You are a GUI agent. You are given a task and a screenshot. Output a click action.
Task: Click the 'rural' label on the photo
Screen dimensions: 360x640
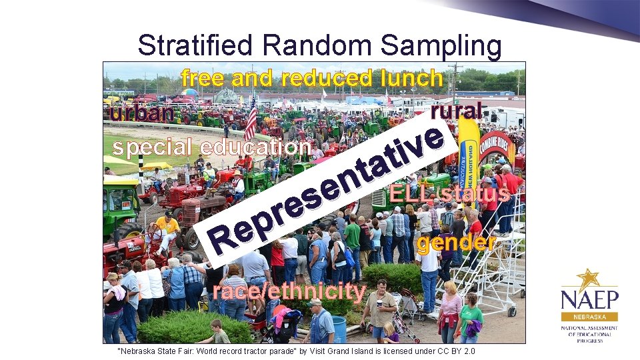[457, 110]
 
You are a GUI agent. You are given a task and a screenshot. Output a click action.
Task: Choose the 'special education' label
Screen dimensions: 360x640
[212, 147]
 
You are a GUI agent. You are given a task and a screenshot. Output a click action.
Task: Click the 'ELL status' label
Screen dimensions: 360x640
[450, 193]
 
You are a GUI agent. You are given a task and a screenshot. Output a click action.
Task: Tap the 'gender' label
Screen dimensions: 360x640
[456, 243]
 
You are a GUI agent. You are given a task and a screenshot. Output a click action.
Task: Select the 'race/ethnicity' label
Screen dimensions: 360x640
[289, 291]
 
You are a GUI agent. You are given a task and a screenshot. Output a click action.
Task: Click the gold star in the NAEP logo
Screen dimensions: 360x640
[587, 279]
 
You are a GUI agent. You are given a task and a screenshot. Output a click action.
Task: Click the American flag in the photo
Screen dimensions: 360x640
[251, 119]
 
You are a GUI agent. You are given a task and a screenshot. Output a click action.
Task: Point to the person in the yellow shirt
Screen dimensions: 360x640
[167, 227]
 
